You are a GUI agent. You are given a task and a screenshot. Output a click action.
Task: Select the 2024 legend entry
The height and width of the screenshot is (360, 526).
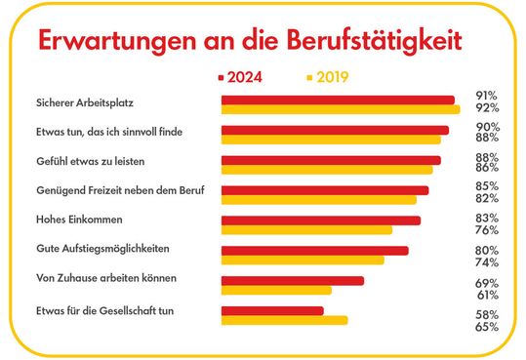(250, 76)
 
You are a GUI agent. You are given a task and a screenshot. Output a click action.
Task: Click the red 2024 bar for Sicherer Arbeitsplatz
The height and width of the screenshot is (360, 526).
(338, 100)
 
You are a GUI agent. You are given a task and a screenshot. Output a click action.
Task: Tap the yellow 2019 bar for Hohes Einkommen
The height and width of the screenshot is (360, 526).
(306, 230)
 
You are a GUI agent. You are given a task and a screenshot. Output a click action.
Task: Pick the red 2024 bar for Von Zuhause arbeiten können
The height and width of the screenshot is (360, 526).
(293, 280)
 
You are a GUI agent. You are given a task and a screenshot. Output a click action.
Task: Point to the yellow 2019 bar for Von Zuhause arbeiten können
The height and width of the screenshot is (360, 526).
(276, 290)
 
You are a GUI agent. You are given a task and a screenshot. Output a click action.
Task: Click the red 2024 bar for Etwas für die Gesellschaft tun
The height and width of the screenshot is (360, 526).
(272, 310)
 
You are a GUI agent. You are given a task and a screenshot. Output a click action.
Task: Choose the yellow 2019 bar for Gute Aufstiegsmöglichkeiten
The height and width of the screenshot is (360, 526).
(303, 260)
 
